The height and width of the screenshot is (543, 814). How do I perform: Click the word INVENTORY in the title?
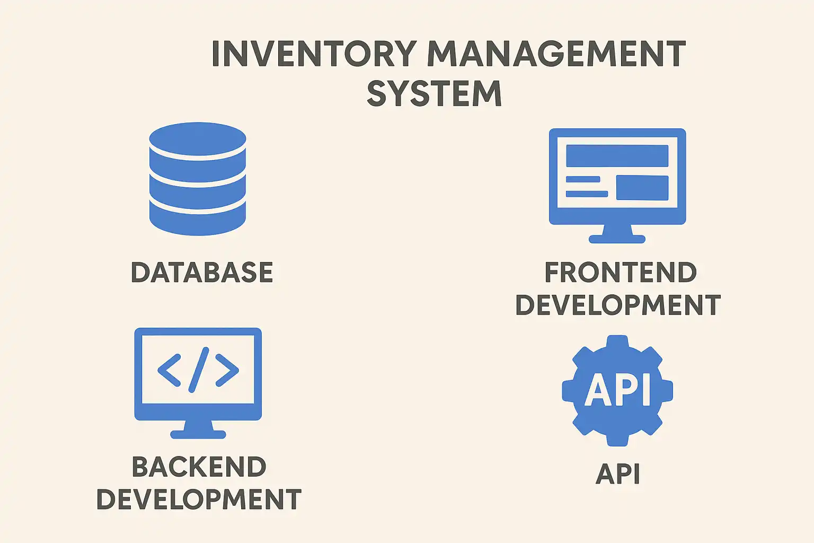313,54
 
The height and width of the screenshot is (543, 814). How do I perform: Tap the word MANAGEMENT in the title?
556,54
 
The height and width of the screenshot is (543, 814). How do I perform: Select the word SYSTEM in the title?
434,94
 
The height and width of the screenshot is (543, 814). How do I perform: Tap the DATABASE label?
202,273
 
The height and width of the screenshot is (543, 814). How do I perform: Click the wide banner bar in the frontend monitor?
617,156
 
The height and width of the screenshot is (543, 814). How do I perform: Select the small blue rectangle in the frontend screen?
642,188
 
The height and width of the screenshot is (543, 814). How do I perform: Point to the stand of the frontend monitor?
617,233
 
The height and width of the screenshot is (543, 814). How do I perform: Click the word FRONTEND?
621,273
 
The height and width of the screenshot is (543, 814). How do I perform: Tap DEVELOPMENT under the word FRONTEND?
618,305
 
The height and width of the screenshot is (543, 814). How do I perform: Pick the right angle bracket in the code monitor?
227,370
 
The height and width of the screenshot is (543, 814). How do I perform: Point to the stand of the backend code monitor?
198,429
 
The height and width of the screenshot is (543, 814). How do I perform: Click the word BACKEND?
199,467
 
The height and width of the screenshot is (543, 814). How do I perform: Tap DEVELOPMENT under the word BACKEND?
199,500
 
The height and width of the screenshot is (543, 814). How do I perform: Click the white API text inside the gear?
617,390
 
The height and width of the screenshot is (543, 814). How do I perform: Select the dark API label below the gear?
618,474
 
